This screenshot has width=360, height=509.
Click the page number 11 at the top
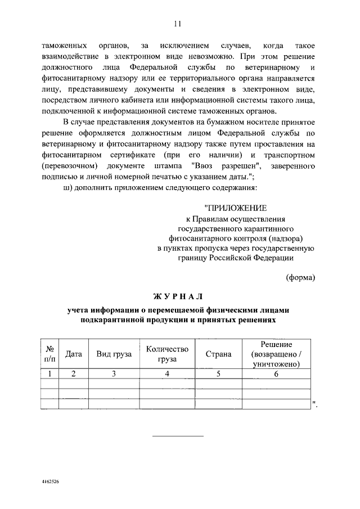(x=178, y=23)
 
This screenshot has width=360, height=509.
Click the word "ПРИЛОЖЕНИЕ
(x=236, y=209)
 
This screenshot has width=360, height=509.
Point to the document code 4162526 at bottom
(x=51, y=483)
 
